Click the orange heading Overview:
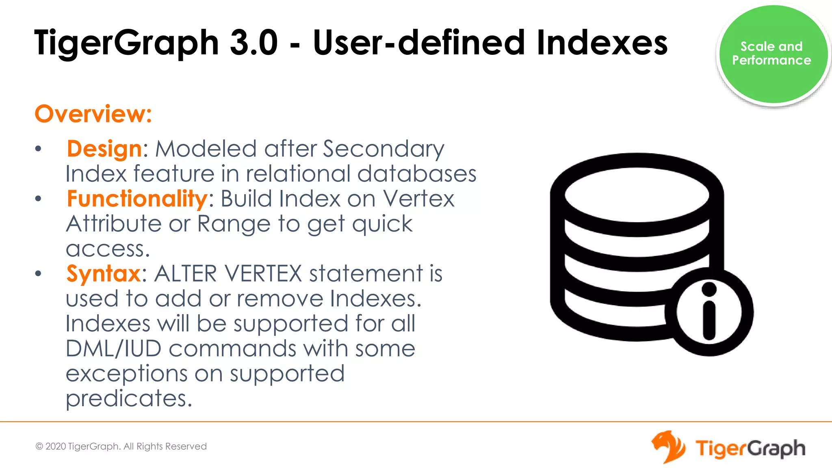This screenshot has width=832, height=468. tap(93, 114)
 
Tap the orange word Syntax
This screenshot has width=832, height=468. tap(104, 274)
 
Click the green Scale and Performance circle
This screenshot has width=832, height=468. tap(773, 54)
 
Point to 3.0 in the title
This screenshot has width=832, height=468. tap(253, 43)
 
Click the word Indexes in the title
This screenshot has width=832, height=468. tap(602, 43)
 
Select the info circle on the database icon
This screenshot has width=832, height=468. tap(709, 312)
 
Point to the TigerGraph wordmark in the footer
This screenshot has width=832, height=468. tap(750, 448)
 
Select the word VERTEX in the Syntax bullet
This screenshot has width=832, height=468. tap(263, 274)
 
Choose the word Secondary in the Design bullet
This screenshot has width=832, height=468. tap(383, 149)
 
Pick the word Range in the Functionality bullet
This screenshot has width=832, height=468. tap(234, 224)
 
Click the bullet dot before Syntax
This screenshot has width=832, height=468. tap(38, 273)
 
